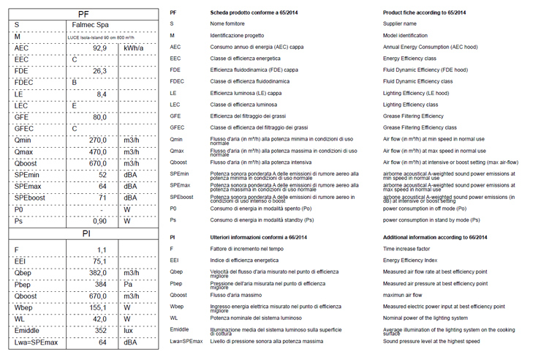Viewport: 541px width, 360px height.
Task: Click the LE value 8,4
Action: [102, 94]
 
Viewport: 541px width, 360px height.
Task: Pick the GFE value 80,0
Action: [99, 117]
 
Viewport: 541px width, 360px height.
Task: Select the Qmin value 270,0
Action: [98, 140]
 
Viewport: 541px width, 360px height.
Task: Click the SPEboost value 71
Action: [102, 198]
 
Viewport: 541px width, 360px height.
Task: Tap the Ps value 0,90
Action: [99, 221]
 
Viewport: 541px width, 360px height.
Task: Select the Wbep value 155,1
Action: [98, 307]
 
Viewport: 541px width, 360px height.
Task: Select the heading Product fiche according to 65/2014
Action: [420, 13]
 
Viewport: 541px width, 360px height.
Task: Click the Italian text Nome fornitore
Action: [227, 24]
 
